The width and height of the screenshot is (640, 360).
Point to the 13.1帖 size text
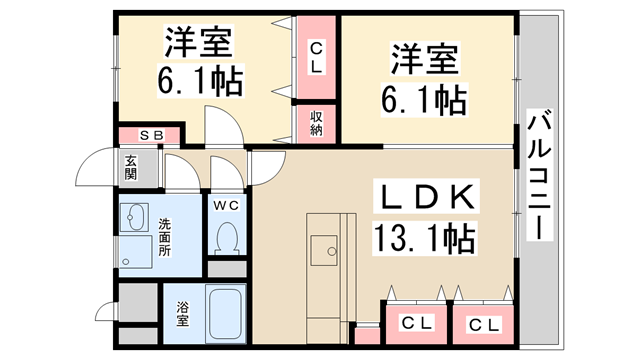[x=423, y=238]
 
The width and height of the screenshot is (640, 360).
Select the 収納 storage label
[x=316, y=123]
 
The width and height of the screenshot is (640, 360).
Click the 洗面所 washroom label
[x=165, y=238]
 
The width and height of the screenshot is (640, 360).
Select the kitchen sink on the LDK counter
[x=326, y=246]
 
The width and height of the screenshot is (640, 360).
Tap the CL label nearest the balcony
[x=482, y=324]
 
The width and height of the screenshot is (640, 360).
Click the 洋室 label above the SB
[x=199, y=42]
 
